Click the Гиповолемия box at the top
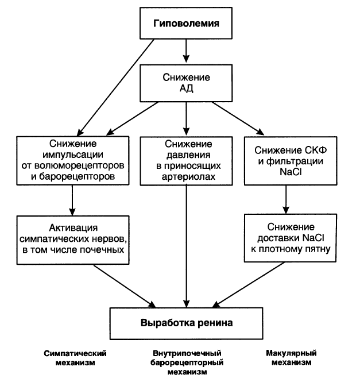pyautogui.click(x=186, y=23)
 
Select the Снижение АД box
pyautogui.click(x=186, y=83)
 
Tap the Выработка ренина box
pyautogui.click(x=187, y=323)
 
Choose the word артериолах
pyautogui.click(x=188, y=176)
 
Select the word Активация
pyautogui.click(x=73, y=228)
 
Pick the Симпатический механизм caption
pyautogui.click(x=75, y=358)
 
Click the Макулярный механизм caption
pyautogui.click(x=291, y=357)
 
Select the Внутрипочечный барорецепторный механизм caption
pyautogui.click(x=187, y=362)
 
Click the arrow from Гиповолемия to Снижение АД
pyautogui.click(x=186, y=51)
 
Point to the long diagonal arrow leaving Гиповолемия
pyautogui.click(x=115, y=87)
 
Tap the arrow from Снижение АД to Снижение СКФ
pyautogui.click(x=238, y=118)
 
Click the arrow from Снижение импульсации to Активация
pyautogui.click(x=72, y=200)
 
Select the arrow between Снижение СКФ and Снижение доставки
pyautogui.click(x=286, y=199)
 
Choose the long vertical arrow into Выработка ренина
pyautogui.click(x=187, y=246)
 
